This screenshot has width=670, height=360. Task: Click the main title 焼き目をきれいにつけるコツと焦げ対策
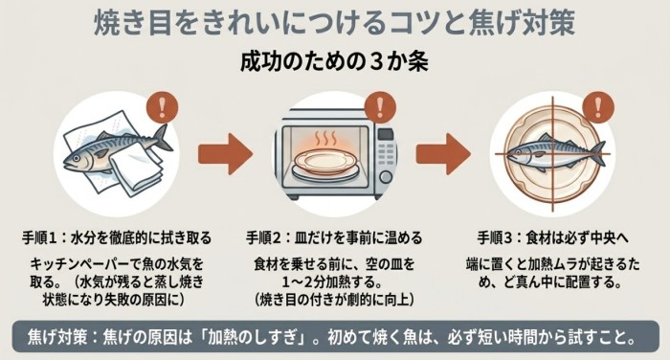pos(334,24)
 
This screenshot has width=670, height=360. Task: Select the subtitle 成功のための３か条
pos(334,62)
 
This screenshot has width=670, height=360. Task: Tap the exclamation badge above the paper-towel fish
pos(162,107)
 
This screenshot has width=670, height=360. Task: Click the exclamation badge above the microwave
pos(380,107)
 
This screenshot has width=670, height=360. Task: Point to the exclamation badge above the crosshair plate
pos(598,107)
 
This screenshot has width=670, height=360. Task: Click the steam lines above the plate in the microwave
pos(325,140)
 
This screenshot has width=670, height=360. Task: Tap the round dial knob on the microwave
pos(386,177)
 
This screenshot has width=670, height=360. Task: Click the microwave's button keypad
pos(386,155)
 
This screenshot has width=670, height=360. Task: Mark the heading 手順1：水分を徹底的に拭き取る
pos(117,237)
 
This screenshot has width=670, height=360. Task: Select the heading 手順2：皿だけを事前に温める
pos(334,237)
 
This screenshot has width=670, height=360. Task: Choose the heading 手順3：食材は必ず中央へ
pos(553,237)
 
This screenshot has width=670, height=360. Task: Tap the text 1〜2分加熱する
pos(334,282)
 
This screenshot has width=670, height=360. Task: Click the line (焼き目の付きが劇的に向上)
pos(334,300)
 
